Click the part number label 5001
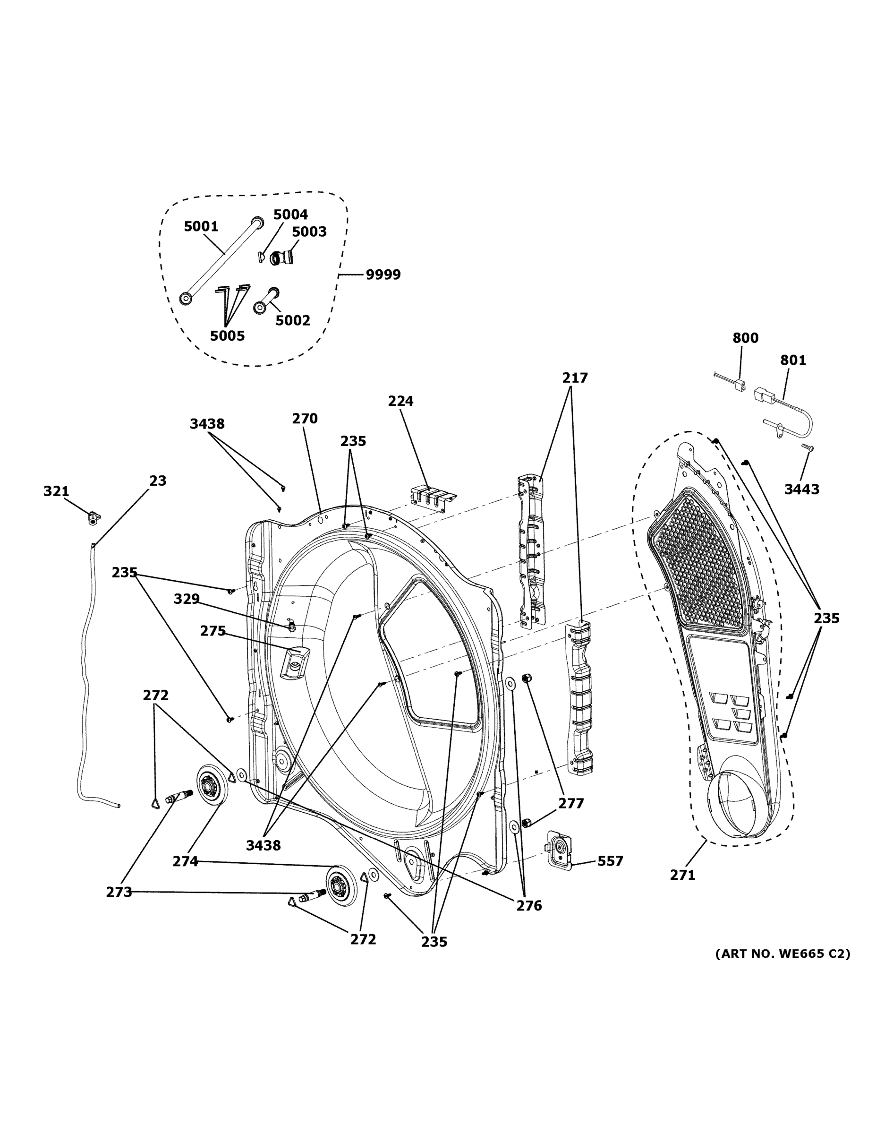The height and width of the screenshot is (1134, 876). pyautogui.click(x=201, y=226)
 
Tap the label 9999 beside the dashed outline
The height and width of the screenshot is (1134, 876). pyautogui.click(x=383, y=275)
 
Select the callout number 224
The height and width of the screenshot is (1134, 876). pyautogui.click(x=400, y=401)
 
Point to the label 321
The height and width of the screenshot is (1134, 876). pyautogui.click(x=56, y=491)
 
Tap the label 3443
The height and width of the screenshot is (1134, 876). pyautogui.click(x=801, y=489)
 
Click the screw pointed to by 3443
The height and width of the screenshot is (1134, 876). pyautogui.click(x=808, y=447)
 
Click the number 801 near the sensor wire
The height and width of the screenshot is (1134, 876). pyautogui.click(x=793, y=361)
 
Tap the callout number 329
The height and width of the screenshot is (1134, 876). pyautogui.click(x=187, y=599)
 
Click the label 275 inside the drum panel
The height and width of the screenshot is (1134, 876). pyautogui.click(x=213, y=631)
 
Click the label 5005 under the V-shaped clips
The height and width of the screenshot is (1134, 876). pyautogui.click(x=227, y=336)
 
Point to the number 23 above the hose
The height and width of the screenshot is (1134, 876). pyautogui.click(x=158, y=481)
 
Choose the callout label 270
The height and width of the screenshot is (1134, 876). pyautogui.click(x=305, y=419)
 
